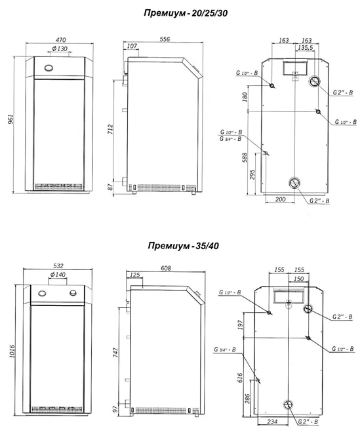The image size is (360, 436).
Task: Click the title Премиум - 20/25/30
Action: coord(186,13)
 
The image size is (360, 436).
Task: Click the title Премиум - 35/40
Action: coord(183,246)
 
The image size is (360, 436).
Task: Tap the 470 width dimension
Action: coord(60,40)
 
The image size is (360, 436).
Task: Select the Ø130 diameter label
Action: coord(60,49)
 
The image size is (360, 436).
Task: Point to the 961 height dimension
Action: coord(10,119)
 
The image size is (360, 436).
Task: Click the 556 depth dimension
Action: coord(165,39)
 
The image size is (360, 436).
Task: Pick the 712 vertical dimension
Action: coord(110,129)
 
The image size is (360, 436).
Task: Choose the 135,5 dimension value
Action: coord(305,48)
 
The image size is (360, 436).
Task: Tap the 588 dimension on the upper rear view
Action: coord(245,157)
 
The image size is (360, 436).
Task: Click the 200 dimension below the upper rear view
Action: coord(280,199)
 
